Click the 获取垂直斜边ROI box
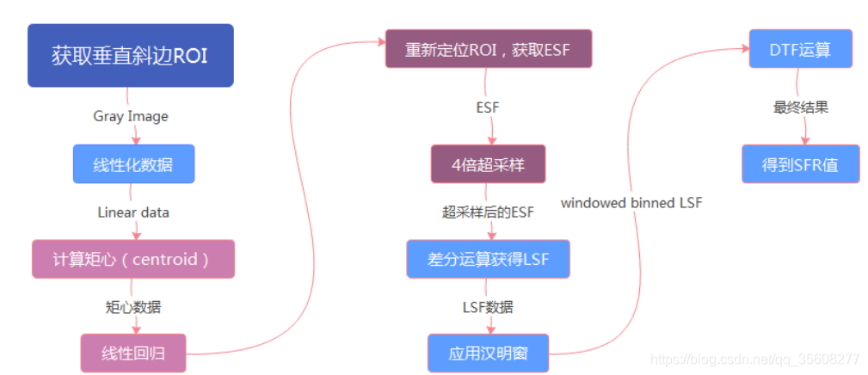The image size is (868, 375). point(130,56)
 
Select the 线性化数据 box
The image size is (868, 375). point(132,163)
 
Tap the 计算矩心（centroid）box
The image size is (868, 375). point(132,259)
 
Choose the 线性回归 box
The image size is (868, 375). point(132,353)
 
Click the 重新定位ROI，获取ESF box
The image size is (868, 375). point(488,49)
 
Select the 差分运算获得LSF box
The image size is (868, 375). point(488,259)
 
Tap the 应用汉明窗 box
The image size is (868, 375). point(488,353)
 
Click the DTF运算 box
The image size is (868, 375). point(800,49)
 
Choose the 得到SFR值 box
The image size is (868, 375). point(800,163)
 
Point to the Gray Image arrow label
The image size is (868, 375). point(131,116)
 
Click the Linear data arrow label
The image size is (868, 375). point(133,212)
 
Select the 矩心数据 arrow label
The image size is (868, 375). point(132,306)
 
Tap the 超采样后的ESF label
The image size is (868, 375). point(488,212)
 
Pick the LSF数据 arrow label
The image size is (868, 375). point(488,306)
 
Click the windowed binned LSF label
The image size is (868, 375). point(631,203)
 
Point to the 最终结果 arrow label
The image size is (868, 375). point(800,108)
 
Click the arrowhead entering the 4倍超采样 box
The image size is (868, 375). point(493,140)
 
